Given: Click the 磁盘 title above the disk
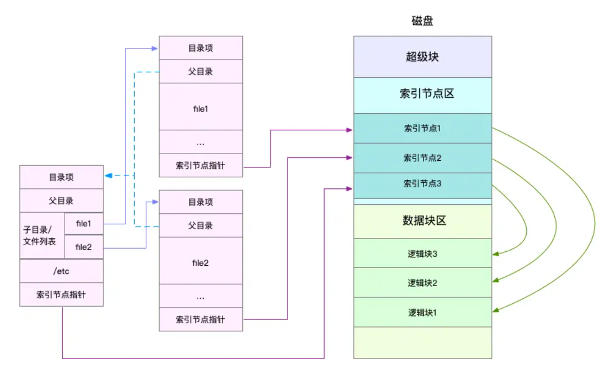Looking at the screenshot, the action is tap(422, 20).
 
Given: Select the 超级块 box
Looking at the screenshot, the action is tap(422, 57).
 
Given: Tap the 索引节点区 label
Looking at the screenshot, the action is tap(427, 93).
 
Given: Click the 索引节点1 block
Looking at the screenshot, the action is tap(422, 128).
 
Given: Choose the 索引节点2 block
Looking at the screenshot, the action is tap(422, 158).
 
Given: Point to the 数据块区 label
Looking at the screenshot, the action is tap(424, 220).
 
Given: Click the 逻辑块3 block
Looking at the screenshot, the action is tap(422, 253).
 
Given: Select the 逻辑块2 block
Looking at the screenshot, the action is tap(422, 282).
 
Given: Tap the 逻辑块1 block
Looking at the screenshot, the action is tap(422, 312).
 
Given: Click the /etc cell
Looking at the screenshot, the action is tap(62, 271).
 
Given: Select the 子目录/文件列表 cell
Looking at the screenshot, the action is tap(42, 235).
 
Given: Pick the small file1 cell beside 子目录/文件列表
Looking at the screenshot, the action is tap(83, 224).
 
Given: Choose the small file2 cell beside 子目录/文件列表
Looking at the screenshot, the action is tap(83, 247).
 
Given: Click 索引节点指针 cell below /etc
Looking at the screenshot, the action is tap(62, 294).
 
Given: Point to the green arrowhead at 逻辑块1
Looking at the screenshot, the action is tap(496, 309).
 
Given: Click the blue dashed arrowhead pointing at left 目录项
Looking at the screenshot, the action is tap(109, 176).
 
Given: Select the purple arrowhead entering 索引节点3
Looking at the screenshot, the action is tap(349, 188).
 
